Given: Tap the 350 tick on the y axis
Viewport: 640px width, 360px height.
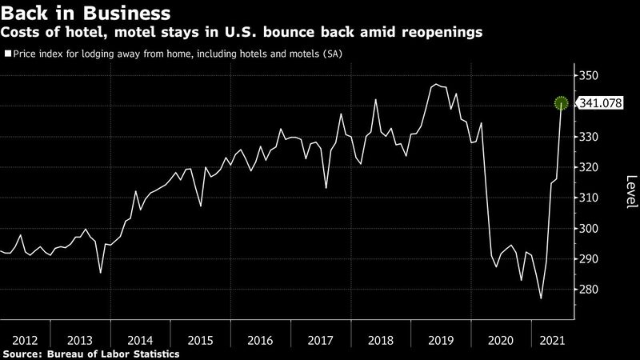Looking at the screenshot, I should tap(589, 76).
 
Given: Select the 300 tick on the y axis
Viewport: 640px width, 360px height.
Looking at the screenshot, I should tap(589, 229).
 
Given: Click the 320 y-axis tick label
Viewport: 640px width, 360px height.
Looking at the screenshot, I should tap(589, 168).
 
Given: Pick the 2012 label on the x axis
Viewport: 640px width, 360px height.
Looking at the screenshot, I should tap(20, 339).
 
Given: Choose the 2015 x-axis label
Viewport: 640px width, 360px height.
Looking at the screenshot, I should tap(200, 339).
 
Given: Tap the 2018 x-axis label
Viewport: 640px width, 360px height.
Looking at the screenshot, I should tap(381, 339).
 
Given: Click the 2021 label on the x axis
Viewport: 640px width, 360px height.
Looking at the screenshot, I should tap(551, 339).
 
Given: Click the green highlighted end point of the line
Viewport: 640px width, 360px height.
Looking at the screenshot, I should tap(562, 102).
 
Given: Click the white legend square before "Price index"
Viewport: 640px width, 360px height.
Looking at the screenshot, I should tap(7, 54).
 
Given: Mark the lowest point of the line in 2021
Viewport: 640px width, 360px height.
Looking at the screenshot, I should tap(542, 298).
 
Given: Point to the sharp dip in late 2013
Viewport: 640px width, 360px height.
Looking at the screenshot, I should tap(100, 273).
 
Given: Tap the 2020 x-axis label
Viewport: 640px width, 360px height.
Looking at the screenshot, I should tap(501, 339).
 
